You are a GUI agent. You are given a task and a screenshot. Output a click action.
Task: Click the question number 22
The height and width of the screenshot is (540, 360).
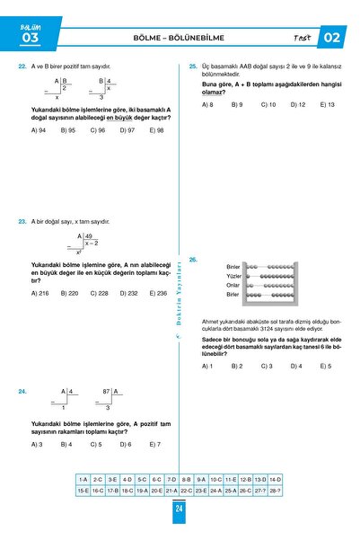coord(22,66)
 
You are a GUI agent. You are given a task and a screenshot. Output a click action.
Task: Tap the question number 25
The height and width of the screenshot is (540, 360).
coord(193,66)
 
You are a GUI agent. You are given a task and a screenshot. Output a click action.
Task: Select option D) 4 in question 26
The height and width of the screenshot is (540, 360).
coord(295,366)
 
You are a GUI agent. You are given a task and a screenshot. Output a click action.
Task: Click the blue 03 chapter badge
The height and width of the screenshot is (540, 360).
coord(30,37)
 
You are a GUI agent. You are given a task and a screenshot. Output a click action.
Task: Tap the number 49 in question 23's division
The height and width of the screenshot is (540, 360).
coord(89,235)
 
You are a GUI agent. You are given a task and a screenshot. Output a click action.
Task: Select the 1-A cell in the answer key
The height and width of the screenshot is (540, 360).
coord(83,480)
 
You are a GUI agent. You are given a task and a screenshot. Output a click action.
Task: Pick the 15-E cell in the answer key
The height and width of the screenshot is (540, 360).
coord(83,491)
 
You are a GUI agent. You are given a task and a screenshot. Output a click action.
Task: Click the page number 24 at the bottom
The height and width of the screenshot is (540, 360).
coord(180,508)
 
